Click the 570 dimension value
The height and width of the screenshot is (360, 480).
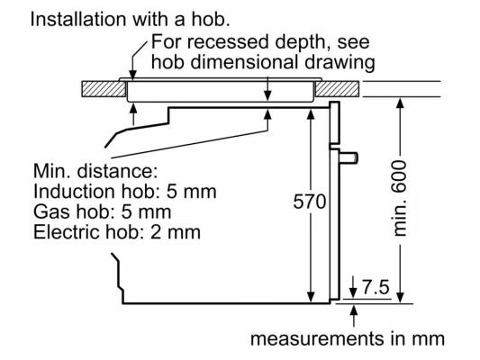310,202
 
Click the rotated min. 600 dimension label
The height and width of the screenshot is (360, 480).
400,198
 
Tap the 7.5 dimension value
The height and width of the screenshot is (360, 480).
376,287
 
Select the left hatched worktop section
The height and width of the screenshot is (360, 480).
104,89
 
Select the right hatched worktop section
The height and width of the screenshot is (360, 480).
337,89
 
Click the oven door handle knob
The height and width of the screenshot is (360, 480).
349,157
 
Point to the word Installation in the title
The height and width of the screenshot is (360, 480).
78,19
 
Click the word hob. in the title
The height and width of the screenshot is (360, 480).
211,19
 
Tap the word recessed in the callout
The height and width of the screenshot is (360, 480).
227,41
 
